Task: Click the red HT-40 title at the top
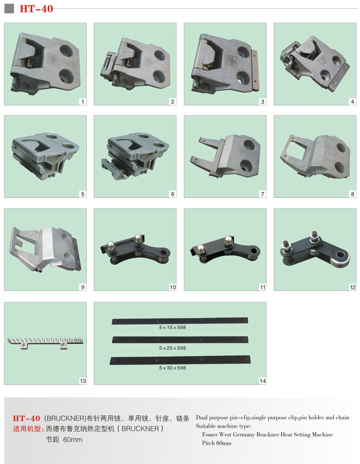click(36, 8)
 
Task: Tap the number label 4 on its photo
click(352, 101)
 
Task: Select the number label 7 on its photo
click(262, 194)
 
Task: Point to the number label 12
click(352, 287)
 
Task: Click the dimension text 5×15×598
click(172, 327)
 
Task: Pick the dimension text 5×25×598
click(172, 348)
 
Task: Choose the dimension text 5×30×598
click(172, 368)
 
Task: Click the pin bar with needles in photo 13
click(45, 342)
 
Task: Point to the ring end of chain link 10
click(162, 253)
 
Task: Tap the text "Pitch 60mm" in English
click(216, 443)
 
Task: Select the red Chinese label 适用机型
click(28, 429)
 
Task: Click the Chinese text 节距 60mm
click(64, 439)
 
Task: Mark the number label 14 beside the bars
click(262, 381)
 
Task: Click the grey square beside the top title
click(9, 8)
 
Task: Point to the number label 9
click(82, 287)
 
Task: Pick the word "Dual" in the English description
click(201, 417)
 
